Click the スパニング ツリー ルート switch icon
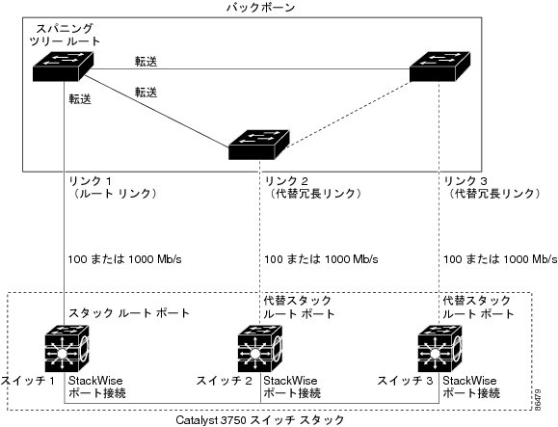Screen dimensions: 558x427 63,67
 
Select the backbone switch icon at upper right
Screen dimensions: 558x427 439,67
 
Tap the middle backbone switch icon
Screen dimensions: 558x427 258,145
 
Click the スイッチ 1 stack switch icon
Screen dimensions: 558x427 66,349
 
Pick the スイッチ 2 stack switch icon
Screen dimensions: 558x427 260,349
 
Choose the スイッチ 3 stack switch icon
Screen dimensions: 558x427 439,349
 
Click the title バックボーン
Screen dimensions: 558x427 261,8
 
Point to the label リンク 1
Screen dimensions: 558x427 90,181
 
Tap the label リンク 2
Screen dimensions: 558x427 286,181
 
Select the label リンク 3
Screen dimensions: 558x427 465,181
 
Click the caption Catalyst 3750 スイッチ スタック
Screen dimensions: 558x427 260,420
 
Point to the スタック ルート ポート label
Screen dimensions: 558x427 129,313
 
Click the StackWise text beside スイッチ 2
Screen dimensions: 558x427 290,381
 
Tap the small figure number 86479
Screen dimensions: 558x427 538,400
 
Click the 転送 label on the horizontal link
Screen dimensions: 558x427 146,61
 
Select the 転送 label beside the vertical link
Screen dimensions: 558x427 80,99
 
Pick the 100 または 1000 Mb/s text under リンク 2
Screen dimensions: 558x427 321,259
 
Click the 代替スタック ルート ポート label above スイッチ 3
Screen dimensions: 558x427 478,307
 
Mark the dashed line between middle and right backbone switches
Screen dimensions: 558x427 349,115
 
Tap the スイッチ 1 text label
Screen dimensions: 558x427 28,381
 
